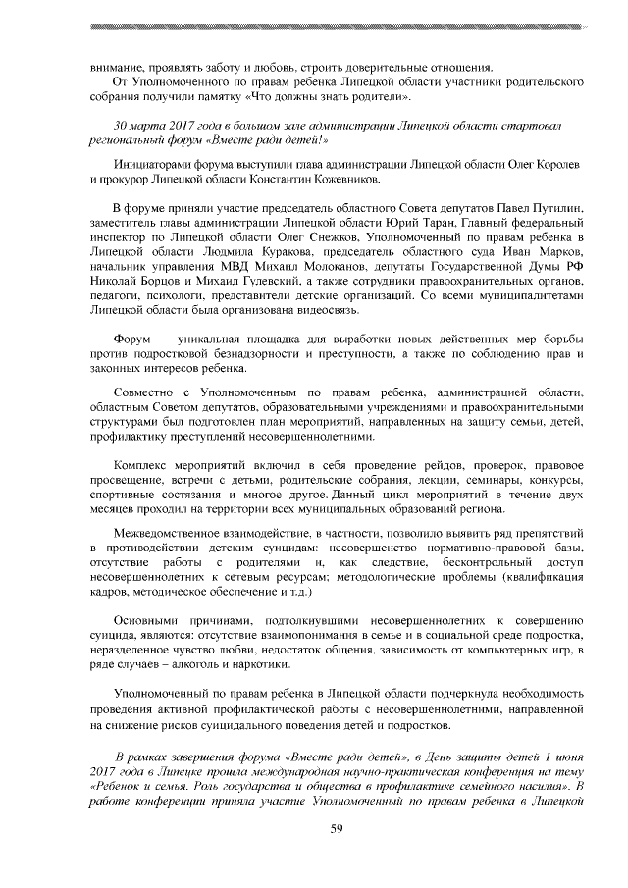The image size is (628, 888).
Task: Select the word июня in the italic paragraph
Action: coord(569,755)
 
